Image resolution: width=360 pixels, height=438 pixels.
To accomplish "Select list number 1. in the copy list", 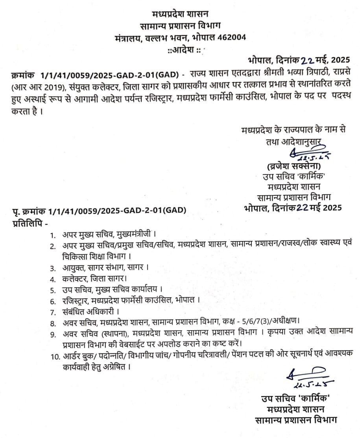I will click(x=52, y=236).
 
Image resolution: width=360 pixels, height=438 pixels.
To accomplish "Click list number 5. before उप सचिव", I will click(x=52, y=290).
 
